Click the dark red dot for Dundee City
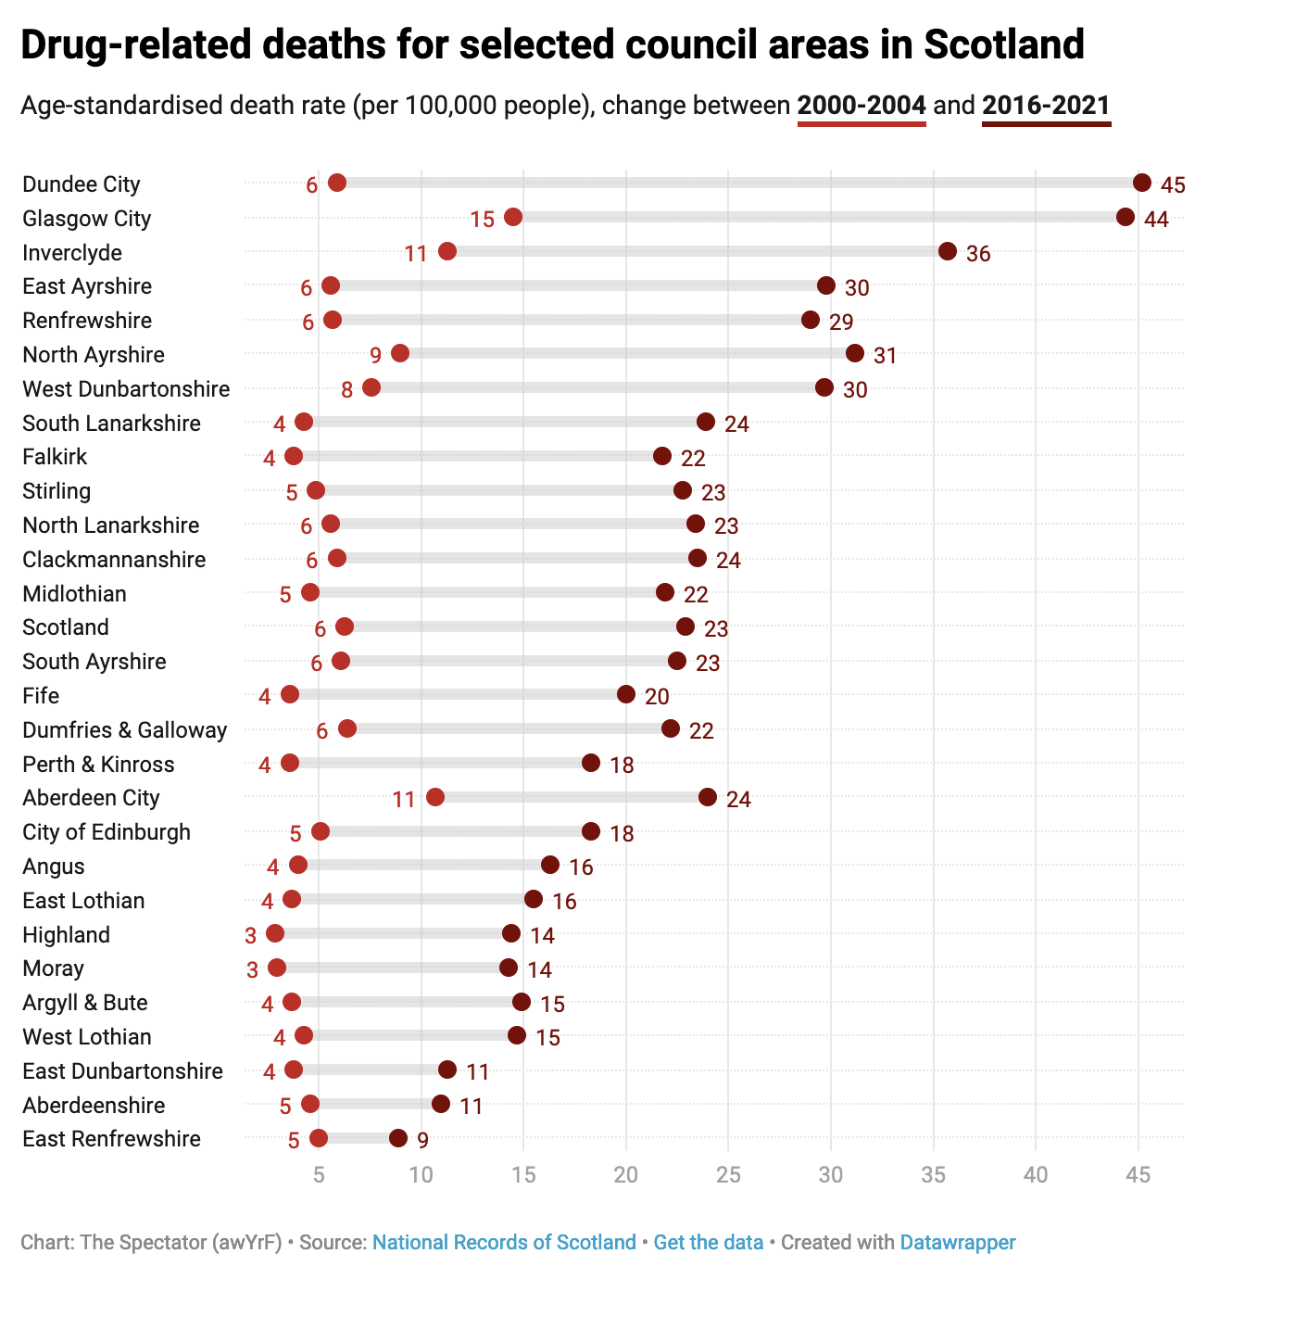(1141, 183)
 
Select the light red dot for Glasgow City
(513, 217)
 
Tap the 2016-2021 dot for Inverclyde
(947, 251)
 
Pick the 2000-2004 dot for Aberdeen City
(435, 797)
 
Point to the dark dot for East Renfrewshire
(398, 1138)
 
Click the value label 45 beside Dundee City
(1173, 184)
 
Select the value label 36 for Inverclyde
(978, 253)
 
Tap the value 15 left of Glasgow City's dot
(482, 219)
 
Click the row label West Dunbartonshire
(126, 388)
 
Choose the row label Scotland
(66, 627)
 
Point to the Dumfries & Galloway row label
(124, 729)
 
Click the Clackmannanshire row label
(114, 559)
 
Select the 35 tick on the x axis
(933, 1174)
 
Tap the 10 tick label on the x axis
(421, 1174)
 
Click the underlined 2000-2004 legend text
(862, 105)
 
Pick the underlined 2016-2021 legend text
(1046, 105)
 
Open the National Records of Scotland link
(504, 1242)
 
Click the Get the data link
(709, 1242)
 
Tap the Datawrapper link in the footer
(958, 1242)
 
